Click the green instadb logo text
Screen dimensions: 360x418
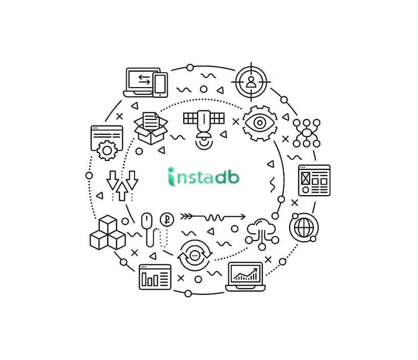coord(204,176)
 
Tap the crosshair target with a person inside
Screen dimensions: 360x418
coord(251,81)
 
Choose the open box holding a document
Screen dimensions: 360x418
coord(151,126)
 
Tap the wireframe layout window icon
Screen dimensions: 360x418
coord(314,180)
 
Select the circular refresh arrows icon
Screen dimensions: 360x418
coord(194,253)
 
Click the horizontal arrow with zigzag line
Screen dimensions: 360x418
coord(212,217)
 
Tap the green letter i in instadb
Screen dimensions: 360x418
coord(171,176)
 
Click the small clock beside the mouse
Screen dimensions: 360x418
coord(165,220)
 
